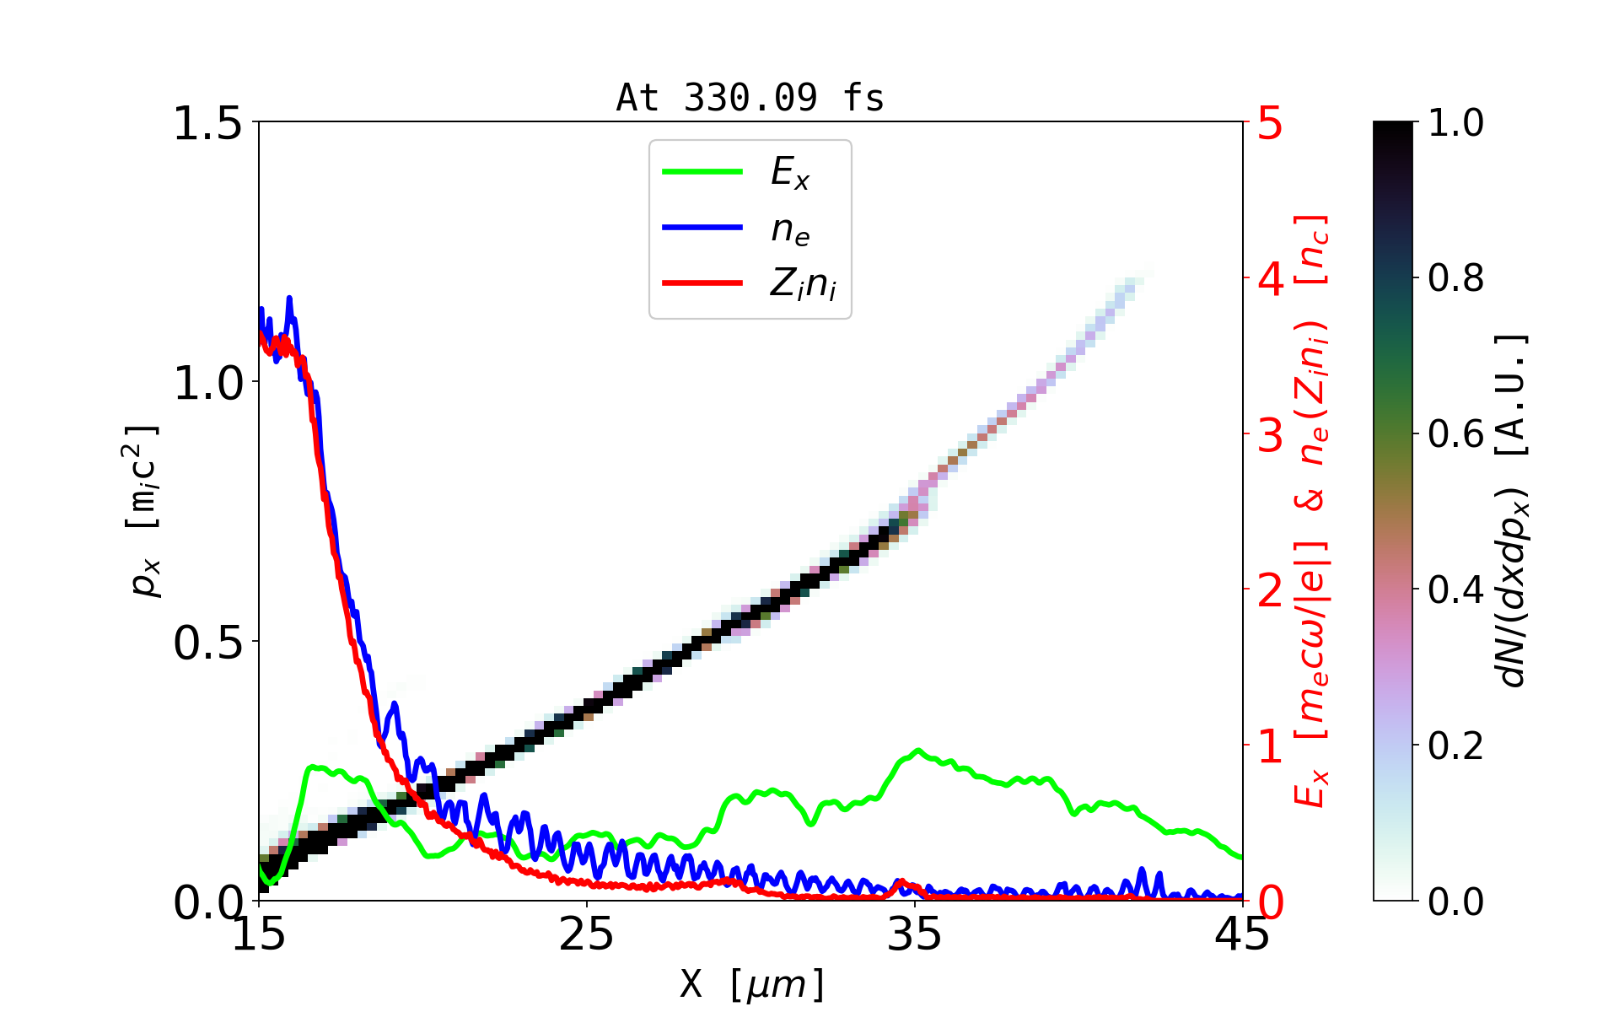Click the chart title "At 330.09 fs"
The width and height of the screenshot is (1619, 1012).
click(750, 98)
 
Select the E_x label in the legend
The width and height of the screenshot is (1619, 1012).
click(790, 173)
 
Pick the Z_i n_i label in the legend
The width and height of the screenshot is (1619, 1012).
click(803, 284)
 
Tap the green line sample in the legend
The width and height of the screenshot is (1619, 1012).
click(702, 172)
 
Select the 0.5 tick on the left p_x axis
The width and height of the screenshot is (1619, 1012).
click(207, 643)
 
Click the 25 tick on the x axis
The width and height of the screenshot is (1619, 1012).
click(587, 934)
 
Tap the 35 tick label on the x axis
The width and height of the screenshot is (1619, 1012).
click(915, 934)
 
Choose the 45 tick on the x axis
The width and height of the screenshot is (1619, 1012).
click(1243, 934)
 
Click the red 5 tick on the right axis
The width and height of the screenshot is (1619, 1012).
click(1270, 123)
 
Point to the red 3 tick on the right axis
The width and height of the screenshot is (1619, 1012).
click(1270, 435)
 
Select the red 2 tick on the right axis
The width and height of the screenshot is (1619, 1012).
click(1270, 590)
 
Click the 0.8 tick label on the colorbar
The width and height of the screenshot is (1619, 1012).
click(1455, 277)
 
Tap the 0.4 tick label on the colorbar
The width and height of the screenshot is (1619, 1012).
click(1455, 589)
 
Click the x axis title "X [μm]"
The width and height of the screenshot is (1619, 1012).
click(752, 983)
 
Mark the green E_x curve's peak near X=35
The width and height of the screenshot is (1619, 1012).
click(917, 751)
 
